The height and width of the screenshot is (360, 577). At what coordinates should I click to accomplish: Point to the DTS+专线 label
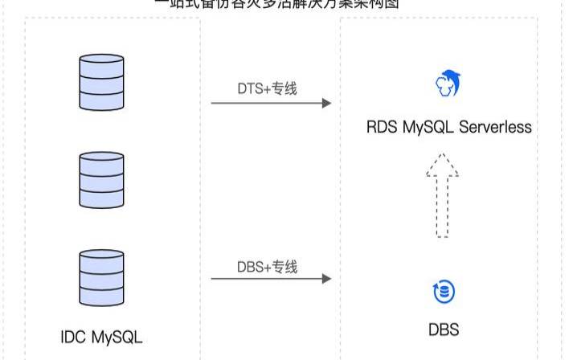click(268, 88)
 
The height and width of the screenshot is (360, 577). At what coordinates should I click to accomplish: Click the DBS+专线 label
click(268, 267)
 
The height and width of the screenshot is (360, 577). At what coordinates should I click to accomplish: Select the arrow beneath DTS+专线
click(271, 103)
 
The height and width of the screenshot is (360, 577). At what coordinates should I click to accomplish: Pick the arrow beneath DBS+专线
click(271, 279)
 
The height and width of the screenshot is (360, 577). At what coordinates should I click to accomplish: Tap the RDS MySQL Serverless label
click(449, 127)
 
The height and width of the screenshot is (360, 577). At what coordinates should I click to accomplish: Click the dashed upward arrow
click(442, 196)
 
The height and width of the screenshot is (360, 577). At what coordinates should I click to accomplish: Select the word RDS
click(382, 127)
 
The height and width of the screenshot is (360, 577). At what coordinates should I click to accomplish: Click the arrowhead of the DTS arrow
click(325, 103)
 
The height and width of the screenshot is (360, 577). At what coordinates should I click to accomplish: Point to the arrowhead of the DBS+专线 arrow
click(325, 279)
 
